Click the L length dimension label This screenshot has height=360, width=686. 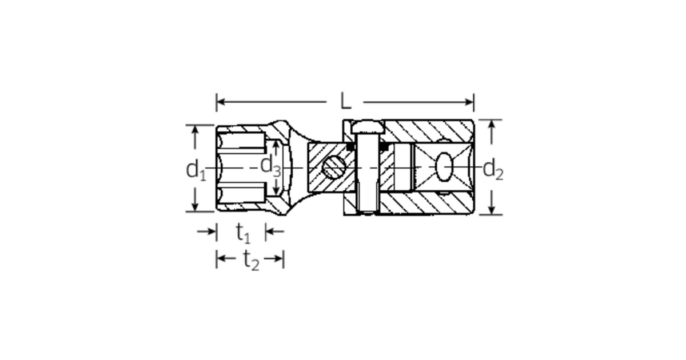tap(345, 101)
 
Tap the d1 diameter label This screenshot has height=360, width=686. tap(196, 170)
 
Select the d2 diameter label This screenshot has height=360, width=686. tap(493, 170)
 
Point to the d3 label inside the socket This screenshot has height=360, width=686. tap(270, 166)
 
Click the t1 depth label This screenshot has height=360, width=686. tap(243, 233)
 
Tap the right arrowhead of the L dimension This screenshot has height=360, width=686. tap(469, 102)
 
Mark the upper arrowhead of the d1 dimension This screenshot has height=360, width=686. tap(195, 130)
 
